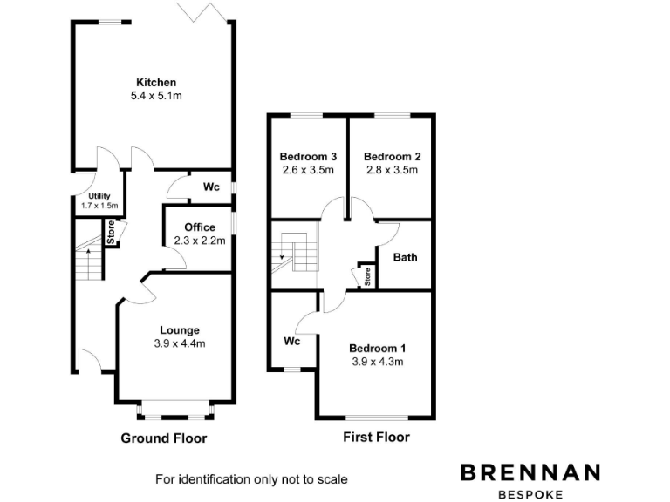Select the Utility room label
[x=99, y=197]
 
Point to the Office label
[x=199, y=227]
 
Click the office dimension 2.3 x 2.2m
[x=199, y=240]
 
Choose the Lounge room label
[x=180, y=329]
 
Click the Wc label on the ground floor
[x=210, y=187]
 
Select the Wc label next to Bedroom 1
[x=291, y=341]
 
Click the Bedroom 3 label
[x=308, y=156]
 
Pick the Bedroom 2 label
[x=392, y=156]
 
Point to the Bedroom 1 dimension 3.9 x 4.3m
[x=377, y=361]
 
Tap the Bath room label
[x=405, y=257]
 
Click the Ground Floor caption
[x=163, y=438]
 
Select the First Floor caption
[x=376, y=437]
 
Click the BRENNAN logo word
[x=530, y=472]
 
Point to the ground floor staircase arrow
[x=87, y=252]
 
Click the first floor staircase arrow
[x=282, y=256]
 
